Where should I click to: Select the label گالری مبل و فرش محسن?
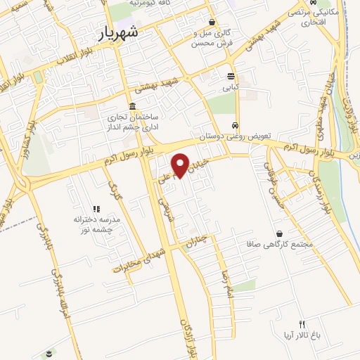tap(213, 38)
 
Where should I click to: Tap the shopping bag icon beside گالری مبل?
tap(212, 22)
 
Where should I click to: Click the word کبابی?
tap(231, 89)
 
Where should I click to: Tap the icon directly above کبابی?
tap(231, 77)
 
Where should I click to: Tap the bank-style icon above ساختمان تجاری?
tap(132, 106)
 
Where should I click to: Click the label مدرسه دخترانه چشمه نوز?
tap(96, 224)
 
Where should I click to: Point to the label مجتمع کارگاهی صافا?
tap(280, 245)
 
